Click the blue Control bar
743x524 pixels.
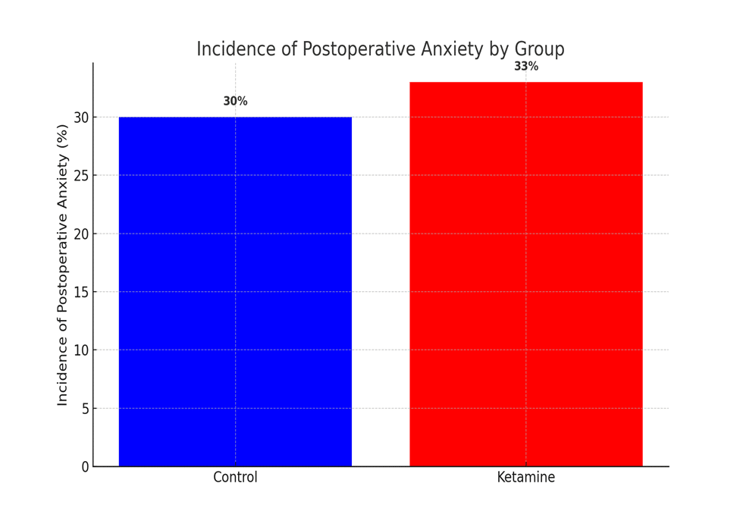[235, 292]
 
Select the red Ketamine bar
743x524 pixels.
[526, 275]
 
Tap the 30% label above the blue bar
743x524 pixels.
[235, 102]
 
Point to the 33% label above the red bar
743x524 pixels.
[526, 67]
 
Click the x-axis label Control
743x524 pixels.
[235, 478]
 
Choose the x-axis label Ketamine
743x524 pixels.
[526, 478]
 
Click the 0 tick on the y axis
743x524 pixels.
[85, 467]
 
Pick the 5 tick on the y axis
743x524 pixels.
[85, 409]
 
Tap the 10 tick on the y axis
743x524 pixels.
[81, 350]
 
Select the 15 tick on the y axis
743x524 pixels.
[81, 292]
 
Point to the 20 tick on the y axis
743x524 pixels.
[81, 234]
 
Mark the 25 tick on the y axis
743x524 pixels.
[81, 175]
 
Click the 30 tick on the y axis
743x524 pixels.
[81, 118]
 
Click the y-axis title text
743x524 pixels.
[63, 265]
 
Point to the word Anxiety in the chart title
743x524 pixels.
[444, 49]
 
